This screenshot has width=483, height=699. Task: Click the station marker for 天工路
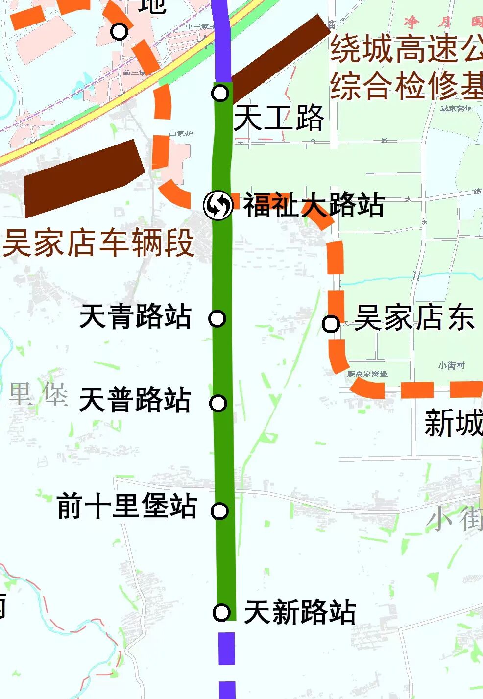coord(220,93)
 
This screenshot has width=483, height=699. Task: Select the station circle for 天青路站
coord(217,318)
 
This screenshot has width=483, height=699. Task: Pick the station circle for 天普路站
coord(218,403)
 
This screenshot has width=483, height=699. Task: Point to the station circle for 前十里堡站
coord(219,511)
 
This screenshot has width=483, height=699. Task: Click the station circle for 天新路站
coord(221,612)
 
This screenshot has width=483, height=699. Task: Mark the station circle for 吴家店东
coord(331,323)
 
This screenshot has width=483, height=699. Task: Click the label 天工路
coord(279,118)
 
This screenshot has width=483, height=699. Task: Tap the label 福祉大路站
coord(314,205)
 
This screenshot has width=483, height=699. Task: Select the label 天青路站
coord(135,316)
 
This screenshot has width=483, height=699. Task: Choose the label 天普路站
coord(135,400)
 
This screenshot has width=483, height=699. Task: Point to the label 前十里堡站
coord(127,506)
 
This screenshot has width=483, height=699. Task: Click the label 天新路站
coord(300,612)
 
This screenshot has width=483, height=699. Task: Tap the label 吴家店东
coord(414,318)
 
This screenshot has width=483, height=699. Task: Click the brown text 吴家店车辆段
coord(98,243)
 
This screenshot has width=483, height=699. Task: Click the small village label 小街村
coord(451,365)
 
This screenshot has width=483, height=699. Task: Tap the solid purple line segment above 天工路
coord(222,39)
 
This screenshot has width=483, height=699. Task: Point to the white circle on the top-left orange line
coord(119,32)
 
